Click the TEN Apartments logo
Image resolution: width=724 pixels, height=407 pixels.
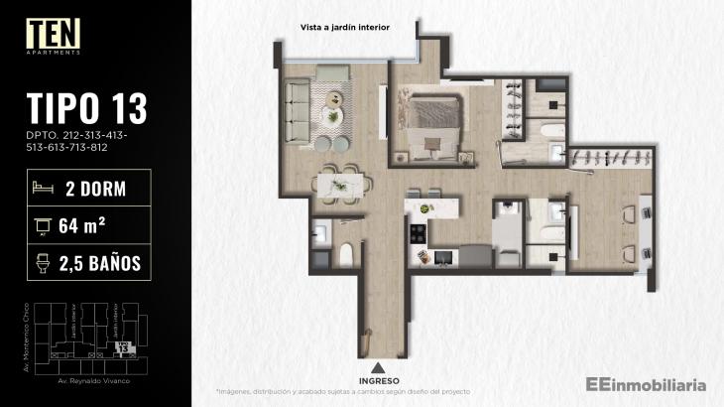[x=54, y=36]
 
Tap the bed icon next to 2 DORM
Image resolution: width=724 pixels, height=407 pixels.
[x=43, y=188]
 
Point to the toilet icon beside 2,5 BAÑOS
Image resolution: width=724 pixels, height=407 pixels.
[x=43, y=262]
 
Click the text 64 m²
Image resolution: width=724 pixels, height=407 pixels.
[x=83, y=225]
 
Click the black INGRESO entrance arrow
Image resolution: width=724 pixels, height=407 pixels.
[x=379, y=366]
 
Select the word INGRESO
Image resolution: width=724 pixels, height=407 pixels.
[x=379, y=380]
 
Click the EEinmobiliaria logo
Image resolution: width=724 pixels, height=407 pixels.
[x=646, y=382]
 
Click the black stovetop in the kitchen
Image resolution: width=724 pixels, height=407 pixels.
[x=417, y=235]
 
